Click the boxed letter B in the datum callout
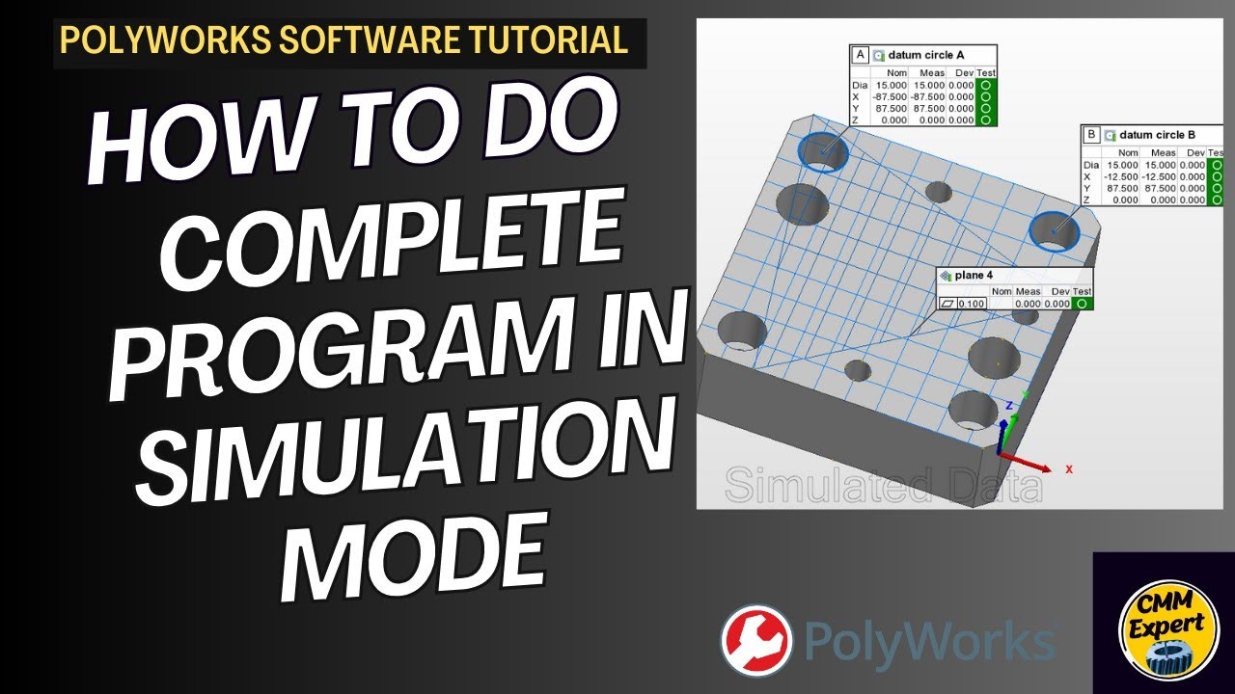click(1091, 135)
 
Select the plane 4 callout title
click(974, 276)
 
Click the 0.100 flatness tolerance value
click(972, 305)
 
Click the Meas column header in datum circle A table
click(931, 72)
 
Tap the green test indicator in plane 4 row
click(1084, 305)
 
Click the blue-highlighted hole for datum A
click(823, 151)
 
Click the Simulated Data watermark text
click(883, 486)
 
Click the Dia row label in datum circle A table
click(860, 85)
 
